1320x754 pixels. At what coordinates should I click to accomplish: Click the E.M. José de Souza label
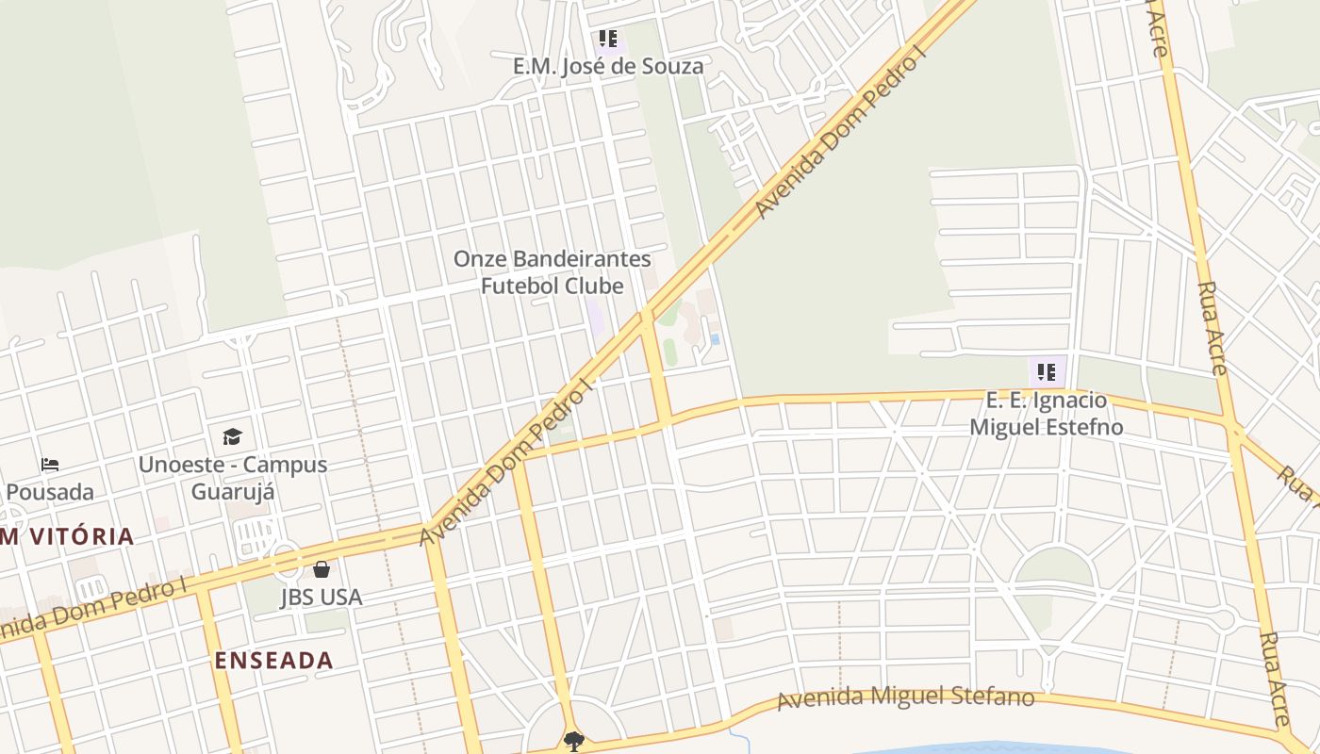(607, 66)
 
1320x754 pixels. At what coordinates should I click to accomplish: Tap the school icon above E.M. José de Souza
(608, 39)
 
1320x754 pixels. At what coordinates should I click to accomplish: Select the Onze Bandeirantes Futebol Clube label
(553, 272)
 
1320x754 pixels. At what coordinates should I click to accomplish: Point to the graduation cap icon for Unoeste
(232, 436)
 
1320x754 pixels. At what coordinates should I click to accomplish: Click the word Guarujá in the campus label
(233, 492)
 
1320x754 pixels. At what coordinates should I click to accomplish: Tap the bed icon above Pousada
(50, 465)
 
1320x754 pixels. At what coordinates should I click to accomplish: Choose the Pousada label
(51, 492)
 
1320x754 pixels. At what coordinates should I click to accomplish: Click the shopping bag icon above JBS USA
(321, 569)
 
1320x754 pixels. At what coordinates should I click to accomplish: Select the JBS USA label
(321, 598)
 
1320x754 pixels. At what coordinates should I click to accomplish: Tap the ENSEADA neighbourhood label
(273, 660)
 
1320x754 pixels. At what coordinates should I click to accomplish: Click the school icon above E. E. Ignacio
(1046, 372)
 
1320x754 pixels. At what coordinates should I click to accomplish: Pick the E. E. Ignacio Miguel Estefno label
(1047, 414)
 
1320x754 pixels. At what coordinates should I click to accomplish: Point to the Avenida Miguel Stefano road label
(905, 698)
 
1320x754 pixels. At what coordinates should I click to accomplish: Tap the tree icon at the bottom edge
(573, 742)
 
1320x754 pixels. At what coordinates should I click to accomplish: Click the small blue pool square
(716, 338)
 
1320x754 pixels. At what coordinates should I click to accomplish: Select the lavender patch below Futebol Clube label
(596, 317)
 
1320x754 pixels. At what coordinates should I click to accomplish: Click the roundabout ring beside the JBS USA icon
(287, 558)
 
